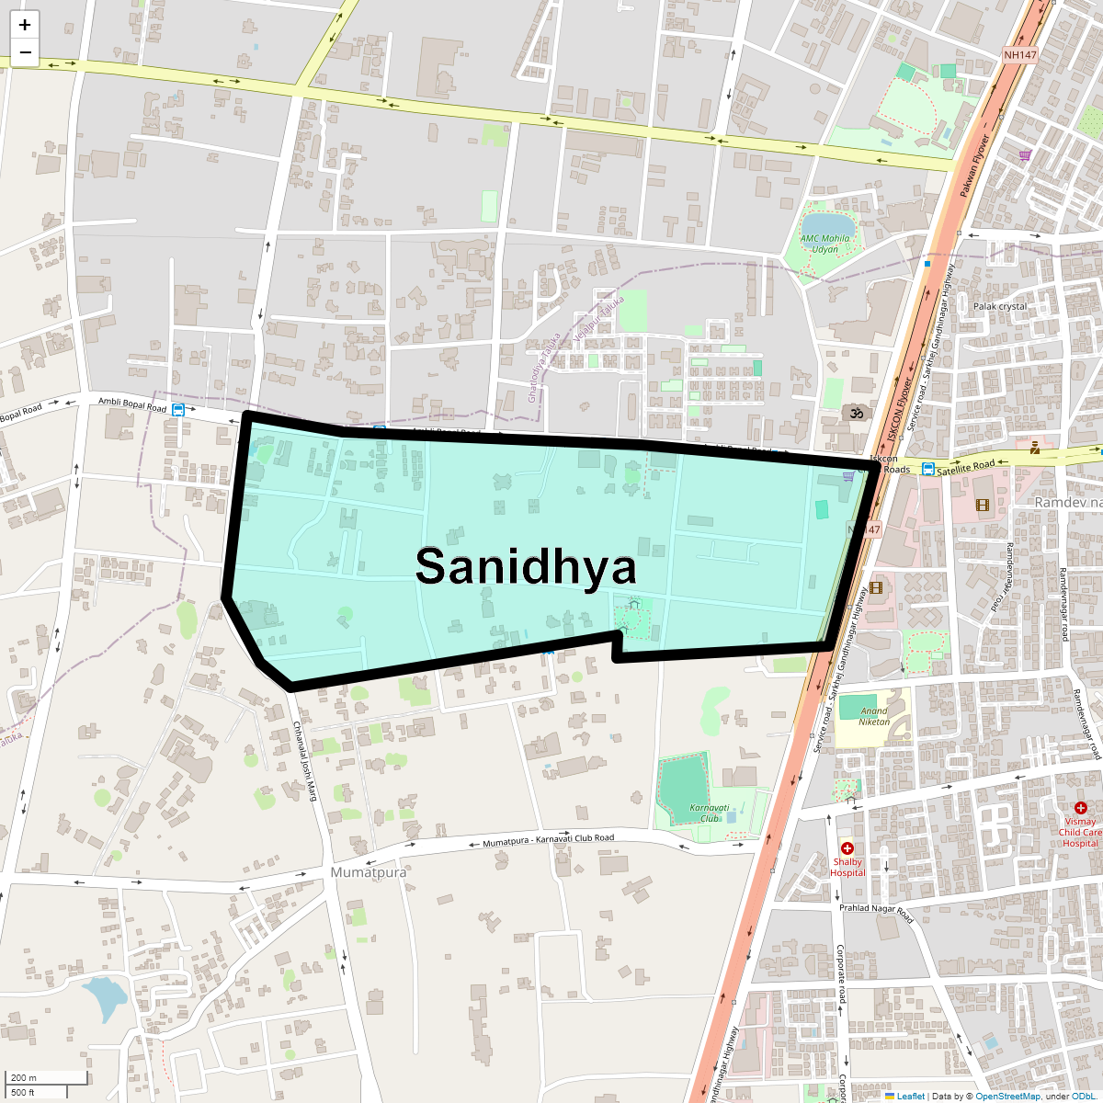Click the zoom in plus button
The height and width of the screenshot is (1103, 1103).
(25, 25)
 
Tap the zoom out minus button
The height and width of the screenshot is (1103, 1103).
(25, 52)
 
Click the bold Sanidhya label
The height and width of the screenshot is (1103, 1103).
(526, 566)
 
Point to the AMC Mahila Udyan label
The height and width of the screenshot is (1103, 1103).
(824, 244)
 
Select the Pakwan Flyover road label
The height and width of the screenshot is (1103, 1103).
(974, 166)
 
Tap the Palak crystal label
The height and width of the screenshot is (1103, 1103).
(1000, 306)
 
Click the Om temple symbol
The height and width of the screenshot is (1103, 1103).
(857, 413)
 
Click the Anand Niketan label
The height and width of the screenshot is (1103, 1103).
(874, 716)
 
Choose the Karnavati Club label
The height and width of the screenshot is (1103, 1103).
(709, 813)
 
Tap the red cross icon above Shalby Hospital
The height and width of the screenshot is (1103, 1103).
(847, 848)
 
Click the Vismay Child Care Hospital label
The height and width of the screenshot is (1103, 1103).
(1080, 832)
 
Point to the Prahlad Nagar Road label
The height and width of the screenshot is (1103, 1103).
(876, 915)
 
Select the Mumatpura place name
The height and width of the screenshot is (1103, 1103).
(368, 871)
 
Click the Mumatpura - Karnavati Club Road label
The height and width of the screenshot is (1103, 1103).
(548, 841)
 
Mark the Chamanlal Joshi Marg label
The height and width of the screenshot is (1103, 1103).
(304, 760)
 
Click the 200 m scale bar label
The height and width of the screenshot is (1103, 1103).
(24, 1077)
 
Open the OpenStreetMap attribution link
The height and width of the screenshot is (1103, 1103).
(1007, 1096)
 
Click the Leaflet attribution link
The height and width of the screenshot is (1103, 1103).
(910, 1096)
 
